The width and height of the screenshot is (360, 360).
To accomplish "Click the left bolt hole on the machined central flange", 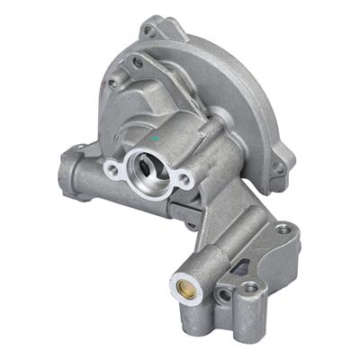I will (x=112, y=168).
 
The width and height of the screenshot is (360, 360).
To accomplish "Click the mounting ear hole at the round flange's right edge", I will (x=280, y=167).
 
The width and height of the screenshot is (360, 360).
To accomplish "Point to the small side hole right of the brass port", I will (x=220, y=294).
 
